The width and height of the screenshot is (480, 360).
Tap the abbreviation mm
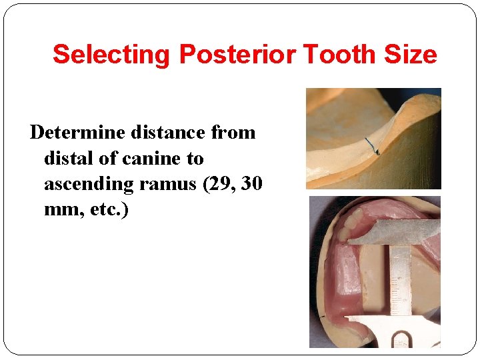coord(59,211)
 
